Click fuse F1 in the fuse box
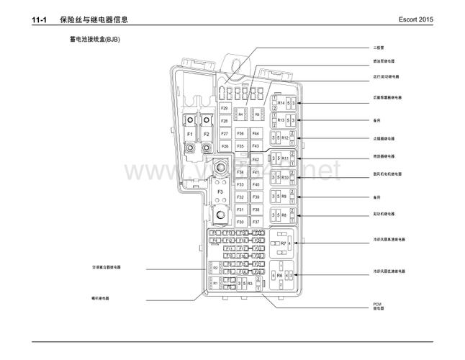coord(190,134)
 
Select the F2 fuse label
coord(207,134)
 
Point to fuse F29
coord(225,108)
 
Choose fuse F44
coord(256,134)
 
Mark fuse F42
coord(256,159)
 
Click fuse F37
coord(256,222)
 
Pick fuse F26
coord(225,146)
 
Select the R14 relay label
coord(281,104)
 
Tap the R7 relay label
coord(284,243)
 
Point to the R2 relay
coord(215,268)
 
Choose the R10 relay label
coord(284,177)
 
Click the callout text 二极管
coord(379,48)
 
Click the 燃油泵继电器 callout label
coord(383,61)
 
